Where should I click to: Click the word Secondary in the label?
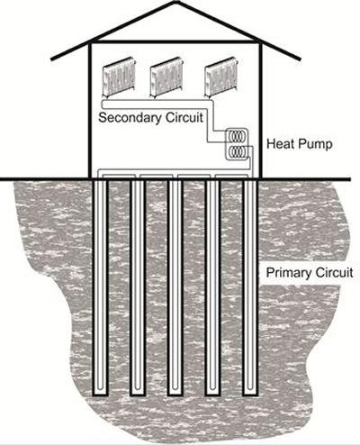coord(130,118)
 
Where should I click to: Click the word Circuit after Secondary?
coord(184,117)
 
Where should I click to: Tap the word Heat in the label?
coord(279,144)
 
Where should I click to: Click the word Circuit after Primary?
coord(334,273)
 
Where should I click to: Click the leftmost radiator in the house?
coord(119,77)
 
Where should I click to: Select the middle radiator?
coord(166,77)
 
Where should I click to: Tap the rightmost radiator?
coord(221,77)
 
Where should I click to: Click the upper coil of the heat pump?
coord(237,136)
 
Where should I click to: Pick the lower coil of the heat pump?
coord(237,151)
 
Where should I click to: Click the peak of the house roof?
coord(177,2)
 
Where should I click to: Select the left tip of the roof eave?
coord(51,59)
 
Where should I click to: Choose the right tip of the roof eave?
coord(300,59)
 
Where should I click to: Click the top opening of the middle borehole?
coord(175,180)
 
